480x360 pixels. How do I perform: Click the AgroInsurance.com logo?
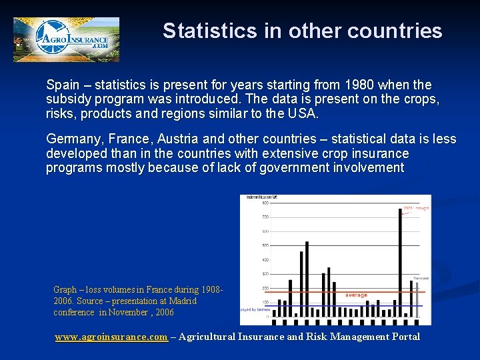66,39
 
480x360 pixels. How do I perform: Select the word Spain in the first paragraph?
61,85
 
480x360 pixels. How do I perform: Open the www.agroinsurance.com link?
111,337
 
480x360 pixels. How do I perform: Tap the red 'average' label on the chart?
356,295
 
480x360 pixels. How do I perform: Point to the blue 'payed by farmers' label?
253,310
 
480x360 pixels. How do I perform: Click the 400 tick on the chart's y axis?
265,260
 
